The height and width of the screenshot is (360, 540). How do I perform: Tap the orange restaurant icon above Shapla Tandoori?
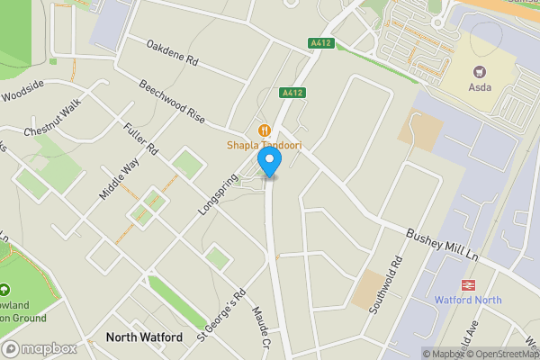[265, 130]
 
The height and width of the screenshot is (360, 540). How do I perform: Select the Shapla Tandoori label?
[264, 145]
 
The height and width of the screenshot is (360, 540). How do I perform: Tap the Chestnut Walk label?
[52, 117]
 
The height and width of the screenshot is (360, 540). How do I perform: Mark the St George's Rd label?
[221, 313]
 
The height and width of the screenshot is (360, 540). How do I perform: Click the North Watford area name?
[144, 337]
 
